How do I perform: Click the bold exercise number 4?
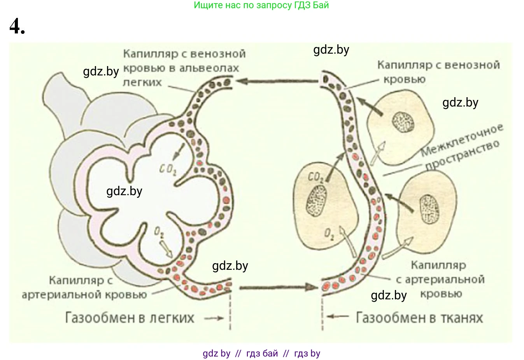pos(17,26)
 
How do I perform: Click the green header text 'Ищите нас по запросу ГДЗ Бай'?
pos(261,5)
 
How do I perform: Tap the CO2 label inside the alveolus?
pos(168,170)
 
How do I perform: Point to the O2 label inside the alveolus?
pos(159,232)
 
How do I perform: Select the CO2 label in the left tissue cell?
pos(315,178)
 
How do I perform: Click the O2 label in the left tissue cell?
pos(329,234)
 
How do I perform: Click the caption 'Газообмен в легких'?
pos(130,318)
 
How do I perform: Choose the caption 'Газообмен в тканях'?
pos(419,318)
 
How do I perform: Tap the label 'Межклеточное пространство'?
pos(462,147)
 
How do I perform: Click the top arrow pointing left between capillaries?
pos(277,81)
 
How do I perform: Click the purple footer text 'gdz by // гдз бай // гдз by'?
pos(261,353)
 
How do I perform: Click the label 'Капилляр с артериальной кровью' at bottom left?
pos(84,287)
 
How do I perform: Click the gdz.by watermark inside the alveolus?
pos(124,191)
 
